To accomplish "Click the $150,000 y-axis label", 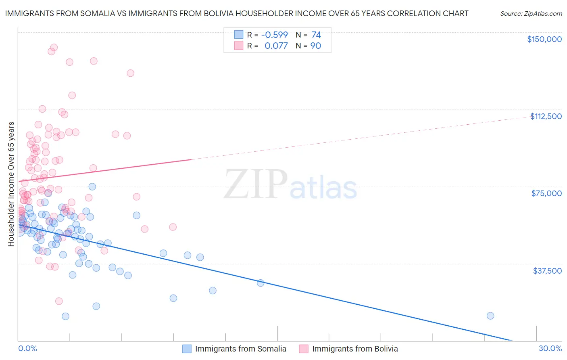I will pyautogui.click(x=544, y=39).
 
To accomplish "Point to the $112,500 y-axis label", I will pyautogui.click(x=546, y=116).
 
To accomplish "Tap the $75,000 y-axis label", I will pyautogui.click(x=546, y=193).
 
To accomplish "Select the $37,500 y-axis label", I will pyautogui.click(x=547, y=271).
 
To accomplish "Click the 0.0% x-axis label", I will pyautogui.click(x=27, y=348).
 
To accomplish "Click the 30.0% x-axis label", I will pyautogui.click(x=550, y=348).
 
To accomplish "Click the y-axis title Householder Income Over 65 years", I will pyautogui.click(x=11, y=184).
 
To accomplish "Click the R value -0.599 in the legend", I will pyautogui.click(x=274, y=35).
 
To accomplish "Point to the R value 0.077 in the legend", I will pyautogui.click(x=276, y=46).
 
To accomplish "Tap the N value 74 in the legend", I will pyautogui.click(x=316, y=35).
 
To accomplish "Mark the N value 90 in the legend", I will pyautogui.click(x=316, y=46).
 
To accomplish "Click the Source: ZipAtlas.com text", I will pyautogui.click(x=531, y=13).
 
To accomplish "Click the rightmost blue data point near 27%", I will pyautogui.click(x=490, y=316).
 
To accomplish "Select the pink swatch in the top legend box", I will pyautogui.click(x=239, y=46).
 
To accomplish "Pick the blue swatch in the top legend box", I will pyautogui.click(x=239, y=35).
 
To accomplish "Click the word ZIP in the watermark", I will pyautogui.click(x=256, y=184).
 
